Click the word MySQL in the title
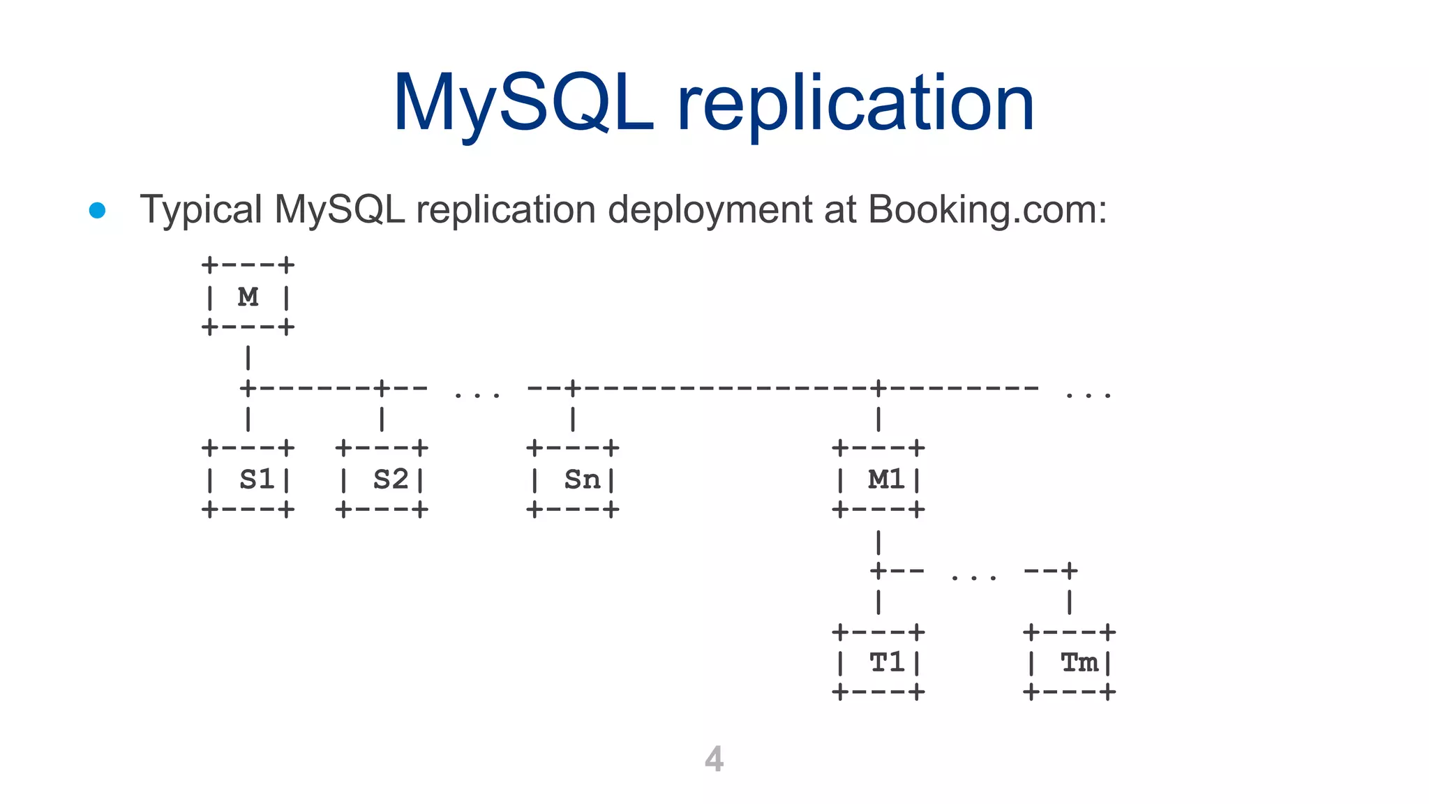click(523, 105)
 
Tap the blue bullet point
click(98, 210)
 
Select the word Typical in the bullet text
click(201, 209)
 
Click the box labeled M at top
click(248, 297)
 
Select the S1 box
click(248, 479)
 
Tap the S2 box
click(382, 479)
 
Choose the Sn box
click(573, 479)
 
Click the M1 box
click(878, 479)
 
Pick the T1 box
click(878, 662)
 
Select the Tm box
click(1070, 662)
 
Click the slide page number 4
click(714, 759)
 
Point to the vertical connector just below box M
click(248, 358)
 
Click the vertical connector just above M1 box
click(878, 419)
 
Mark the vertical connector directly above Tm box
click(1070, 602)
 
